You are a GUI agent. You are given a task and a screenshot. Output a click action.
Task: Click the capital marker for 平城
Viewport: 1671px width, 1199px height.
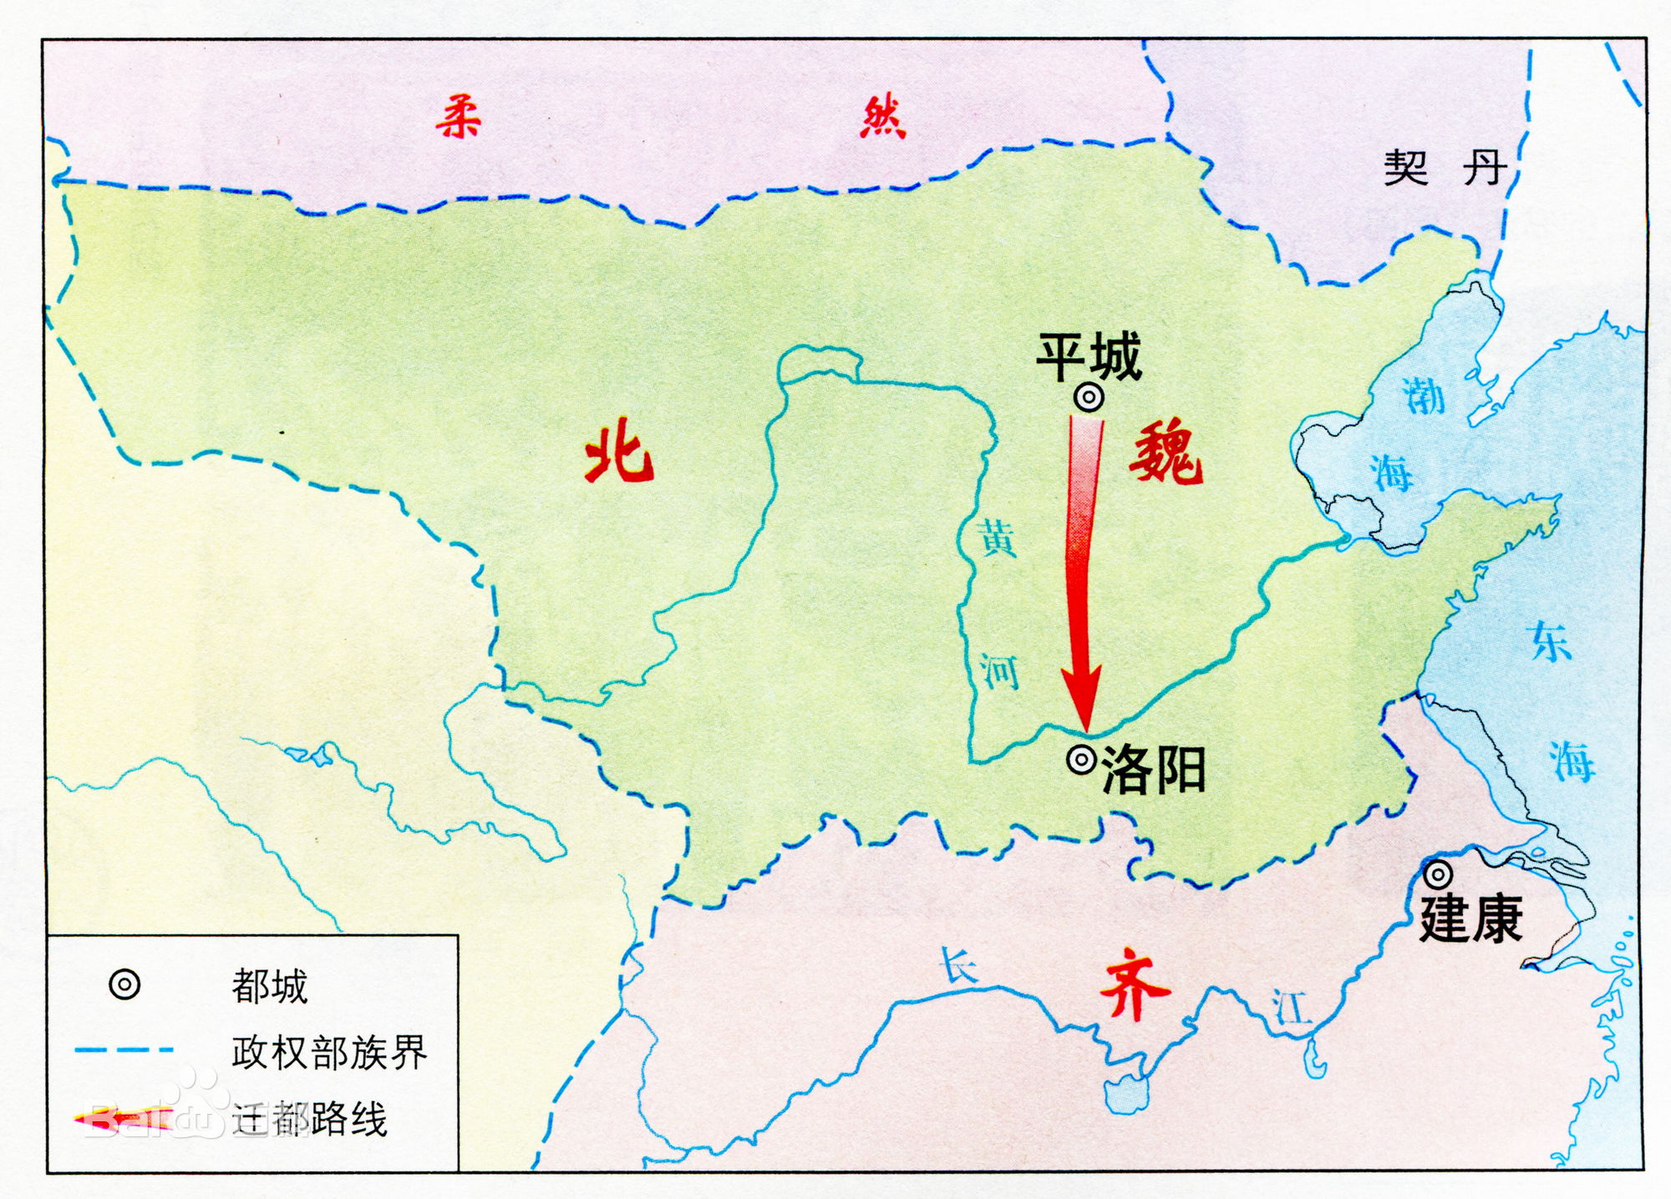(x=1089, y=398)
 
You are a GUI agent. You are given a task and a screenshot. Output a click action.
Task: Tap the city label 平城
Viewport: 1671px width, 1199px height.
(x=1089, y=357)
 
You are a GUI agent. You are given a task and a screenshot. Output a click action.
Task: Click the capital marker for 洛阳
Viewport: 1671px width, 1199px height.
(x=1082, y=760)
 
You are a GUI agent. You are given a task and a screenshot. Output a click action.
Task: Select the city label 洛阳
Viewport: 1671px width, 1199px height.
(x=1154, y=770)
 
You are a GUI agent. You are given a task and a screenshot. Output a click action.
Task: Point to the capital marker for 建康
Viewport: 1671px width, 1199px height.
(x=1438, y=874)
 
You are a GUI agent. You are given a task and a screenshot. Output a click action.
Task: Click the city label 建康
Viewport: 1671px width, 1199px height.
(x=1471, y=919)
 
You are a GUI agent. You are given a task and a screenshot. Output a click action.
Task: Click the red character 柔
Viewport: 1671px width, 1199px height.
(x=459, y=117)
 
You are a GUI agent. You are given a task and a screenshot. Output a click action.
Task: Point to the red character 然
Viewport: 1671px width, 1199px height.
(x=883, y=117)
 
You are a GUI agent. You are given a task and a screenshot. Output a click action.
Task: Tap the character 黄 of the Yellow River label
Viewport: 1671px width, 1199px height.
(x=998, y=539)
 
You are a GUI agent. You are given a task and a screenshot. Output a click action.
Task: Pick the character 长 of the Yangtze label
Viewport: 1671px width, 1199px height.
(x=959, y=966)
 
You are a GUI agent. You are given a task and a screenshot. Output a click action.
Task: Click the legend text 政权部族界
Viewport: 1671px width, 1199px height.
(x=329, y=1052)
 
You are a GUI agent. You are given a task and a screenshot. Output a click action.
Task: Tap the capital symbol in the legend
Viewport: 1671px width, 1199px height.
(x=124, y=985)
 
